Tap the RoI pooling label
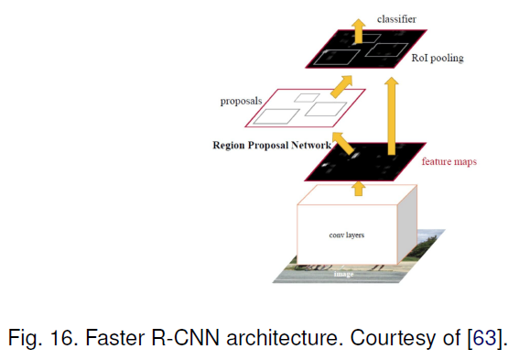coord(437,58)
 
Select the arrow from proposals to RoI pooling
coord(341,86)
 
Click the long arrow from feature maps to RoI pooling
coord(392,111)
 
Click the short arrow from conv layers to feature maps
coord(358,188)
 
